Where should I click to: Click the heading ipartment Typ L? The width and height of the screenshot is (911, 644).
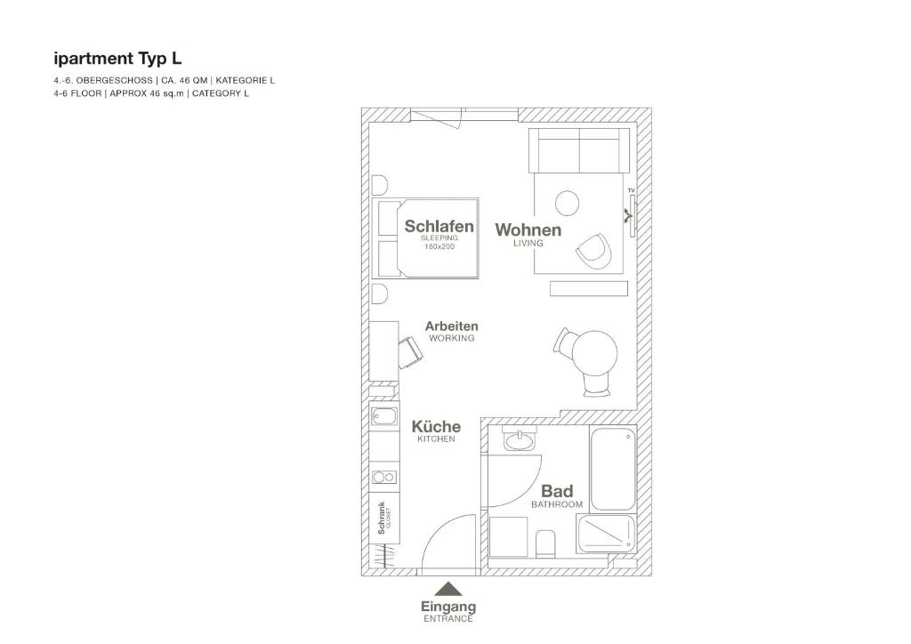117,59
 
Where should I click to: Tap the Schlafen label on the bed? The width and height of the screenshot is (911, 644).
439,226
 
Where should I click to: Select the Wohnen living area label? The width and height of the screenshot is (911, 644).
528,230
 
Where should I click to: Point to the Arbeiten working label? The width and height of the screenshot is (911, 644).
451,326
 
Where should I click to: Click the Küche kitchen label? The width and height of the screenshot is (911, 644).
436,427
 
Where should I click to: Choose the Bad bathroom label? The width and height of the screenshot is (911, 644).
557,491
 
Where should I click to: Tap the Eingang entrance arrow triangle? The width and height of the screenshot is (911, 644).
448,590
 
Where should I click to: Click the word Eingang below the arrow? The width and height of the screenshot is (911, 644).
448,607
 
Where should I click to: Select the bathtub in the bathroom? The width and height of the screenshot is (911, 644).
613,469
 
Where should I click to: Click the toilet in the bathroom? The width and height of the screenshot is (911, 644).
545,543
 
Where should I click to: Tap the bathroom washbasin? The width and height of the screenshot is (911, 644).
520,440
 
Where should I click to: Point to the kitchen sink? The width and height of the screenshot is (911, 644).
384,416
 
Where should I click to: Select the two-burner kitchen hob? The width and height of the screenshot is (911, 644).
384,478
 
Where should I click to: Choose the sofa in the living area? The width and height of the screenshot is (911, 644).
579,150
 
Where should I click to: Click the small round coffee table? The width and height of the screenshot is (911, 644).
567,203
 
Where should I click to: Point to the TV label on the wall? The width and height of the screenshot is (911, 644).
631,190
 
